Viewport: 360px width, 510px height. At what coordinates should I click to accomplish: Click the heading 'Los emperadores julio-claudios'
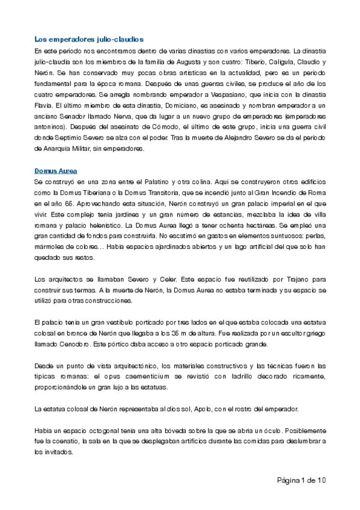(x=89, y=39)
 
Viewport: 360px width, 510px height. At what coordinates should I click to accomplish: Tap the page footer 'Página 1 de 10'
(x=301, y=480)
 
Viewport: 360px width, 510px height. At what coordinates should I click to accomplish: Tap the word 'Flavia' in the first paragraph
(x=44, y=106)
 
